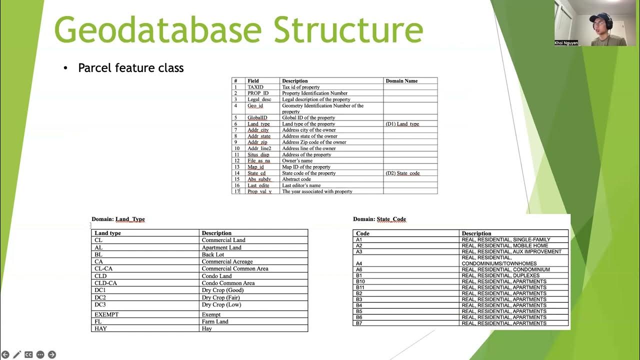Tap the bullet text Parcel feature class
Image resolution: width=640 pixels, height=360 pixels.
[x=130, y=68]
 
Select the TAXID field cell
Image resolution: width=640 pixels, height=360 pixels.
[x=255, y=87]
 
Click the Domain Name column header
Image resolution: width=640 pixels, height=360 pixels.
[x=401, y=80]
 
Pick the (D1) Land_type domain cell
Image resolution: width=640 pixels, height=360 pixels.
[x=402, y=124]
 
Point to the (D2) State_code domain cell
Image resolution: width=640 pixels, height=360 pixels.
[x=402, y=173]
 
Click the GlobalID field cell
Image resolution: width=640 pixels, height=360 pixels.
[x=257, y=117]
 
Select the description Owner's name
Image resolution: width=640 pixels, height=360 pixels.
[x=297, y=160]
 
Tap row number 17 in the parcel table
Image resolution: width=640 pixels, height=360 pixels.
[x=237, y=191]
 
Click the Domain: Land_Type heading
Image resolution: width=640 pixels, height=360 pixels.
[x=118, y=219]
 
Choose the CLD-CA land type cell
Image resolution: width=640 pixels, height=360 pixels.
[x=106, y=283]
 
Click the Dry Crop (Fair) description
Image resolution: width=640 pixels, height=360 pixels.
[x=221, y=297]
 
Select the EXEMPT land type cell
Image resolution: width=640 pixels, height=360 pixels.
[x=106, y=314]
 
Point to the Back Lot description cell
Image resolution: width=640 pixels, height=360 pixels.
[x=213, y=254]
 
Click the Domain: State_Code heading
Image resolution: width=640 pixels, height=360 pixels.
[x=379, y=219]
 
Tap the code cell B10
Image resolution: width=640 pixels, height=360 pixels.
[x=360, y=281]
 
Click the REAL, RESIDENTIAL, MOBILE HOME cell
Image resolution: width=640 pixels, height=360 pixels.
[x=505, y=245]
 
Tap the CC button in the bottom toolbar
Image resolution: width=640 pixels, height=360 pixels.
[x=28, y=354]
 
